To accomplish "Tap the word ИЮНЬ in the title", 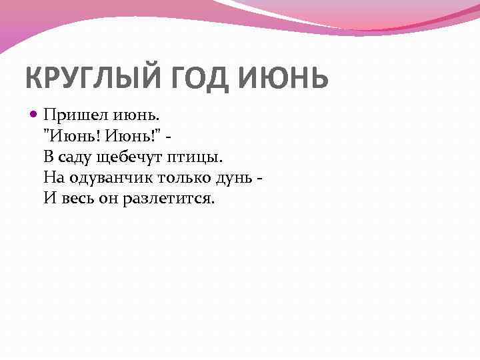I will [283, 78].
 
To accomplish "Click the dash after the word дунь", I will [259, 179].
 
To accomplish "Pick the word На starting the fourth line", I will [53, 178].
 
